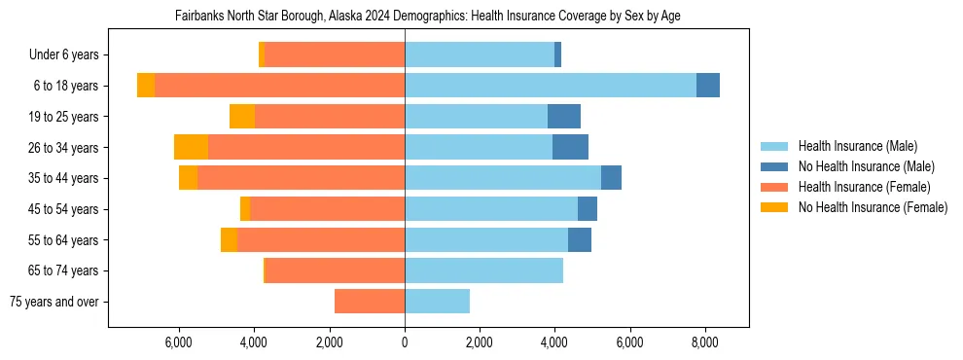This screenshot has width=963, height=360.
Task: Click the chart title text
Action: pyautogui.click(x=428, y=17)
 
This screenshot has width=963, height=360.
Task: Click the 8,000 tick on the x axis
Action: pyautogui.click(x=705, y=342)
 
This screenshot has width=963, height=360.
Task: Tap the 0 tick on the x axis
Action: pyautogui.click(x=405, y=342)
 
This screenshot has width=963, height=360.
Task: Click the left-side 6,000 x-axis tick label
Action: pyautogui.click(x=179, y=342)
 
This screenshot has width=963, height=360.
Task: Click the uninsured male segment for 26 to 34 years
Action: pyautogui.click(x=570, y=147)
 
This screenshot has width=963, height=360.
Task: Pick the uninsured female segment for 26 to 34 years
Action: pyautogui.click(x=191, y=147)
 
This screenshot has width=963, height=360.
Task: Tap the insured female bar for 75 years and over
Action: pyautogui.click(x=370, y=302)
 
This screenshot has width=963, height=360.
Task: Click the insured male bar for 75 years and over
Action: pyautogui.click(x=437, y=302)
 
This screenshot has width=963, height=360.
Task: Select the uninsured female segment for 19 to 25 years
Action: pyautogui.click(x=242, y=117)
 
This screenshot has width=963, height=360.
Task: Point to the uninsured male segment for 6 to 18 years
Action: pyautogui.click(x=708, y=86)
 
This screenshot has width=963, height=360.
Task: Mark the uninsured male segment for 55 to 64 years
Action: pyautogui.click(x=580, y=239)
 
